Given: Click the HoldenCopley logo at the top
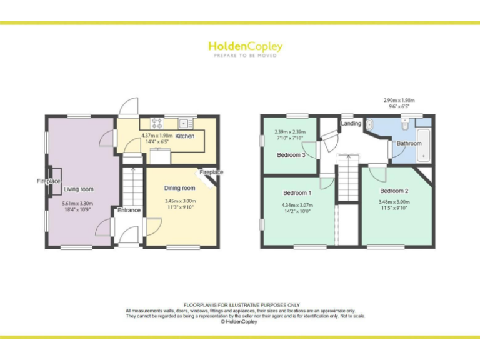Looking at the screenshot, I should [x=245, y=47].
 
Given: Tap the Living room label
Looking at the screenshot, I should [x=79, y=189].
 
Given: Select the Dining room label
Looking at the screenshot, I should [x=180, y=188].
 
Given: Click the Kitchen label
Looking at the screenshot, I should [x=184, y=136].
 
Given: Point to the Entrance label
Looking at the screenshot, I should [x=129, y=211].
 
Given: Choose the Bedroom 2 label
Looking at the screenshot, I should [x=394, y=191].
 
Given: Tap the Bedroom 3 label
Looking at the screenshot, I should [x=291, y=155].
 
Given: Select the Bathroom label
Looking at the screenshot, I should [x=409, y=143].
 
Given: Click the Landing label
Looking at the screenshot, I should [x=351, y=124].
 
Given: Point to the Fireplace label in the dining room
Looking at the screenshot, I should [x=211, y=172].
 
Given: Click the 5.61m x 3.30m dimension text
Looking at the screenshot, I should [x=77, y=204].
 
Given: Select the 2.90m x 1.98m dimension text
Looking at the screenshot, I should [x=399, y=100].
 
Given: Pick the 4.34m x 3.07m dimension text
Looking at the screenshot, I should [x=296, y=205].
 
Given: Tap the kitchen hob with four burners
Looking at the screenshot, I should [x=156, y=122].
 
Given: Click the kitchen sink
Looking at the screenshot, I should [x=185, y=122].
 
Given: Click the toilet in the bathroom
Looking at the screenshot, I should [x=406, y=125].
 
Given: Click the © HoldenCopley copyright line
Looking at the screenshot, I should [x=240, y=322].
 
